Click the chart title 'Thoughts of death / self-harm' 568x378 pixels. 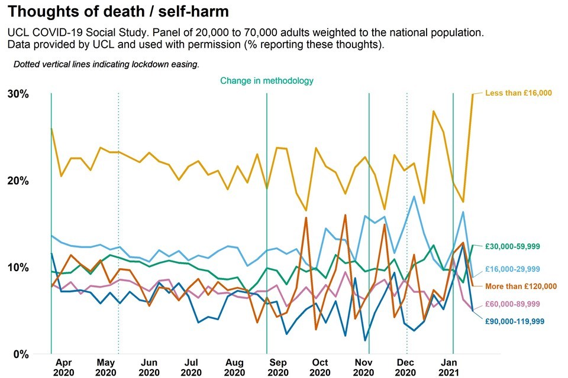tap(119, 12)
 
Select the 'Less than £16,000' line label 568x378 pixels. tap(518, 93)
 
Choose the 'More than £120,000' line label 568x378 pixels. tap(520, 286)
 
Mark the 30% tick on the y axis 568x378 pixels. tap(18, 94)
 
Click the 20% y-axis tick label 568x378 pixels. tap(18, 181)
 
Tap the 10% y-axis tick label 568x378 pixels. tap(18, 268)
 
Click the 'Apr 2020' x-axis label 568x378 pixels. tap(63, 367)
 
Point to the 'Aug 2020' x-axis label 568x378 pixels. tap(234, 367)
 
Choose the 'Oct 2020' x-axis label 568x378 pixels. tap(320, 367)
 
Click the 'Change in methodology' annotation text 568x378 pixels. tap(267, 80)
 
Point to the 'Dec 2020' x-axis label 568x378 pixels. tap(406, 367)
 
